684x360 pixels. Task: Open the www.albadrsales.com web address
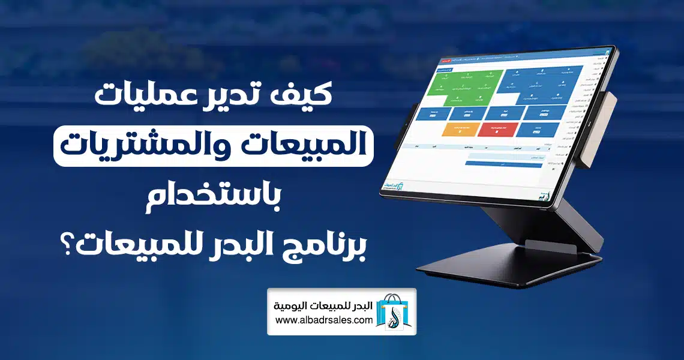click(x=325, y=321)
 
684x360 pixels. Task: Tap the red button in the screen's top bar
click(x=448, y=61)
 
